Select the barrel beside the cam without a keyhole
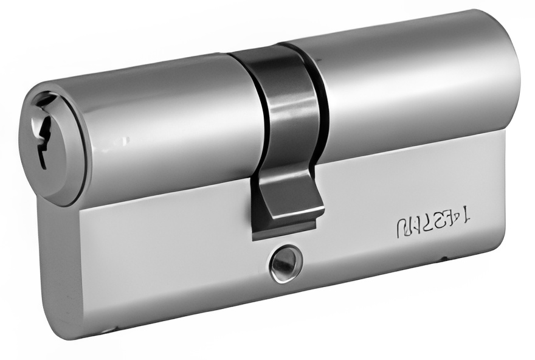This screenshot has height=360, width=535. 413,85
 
